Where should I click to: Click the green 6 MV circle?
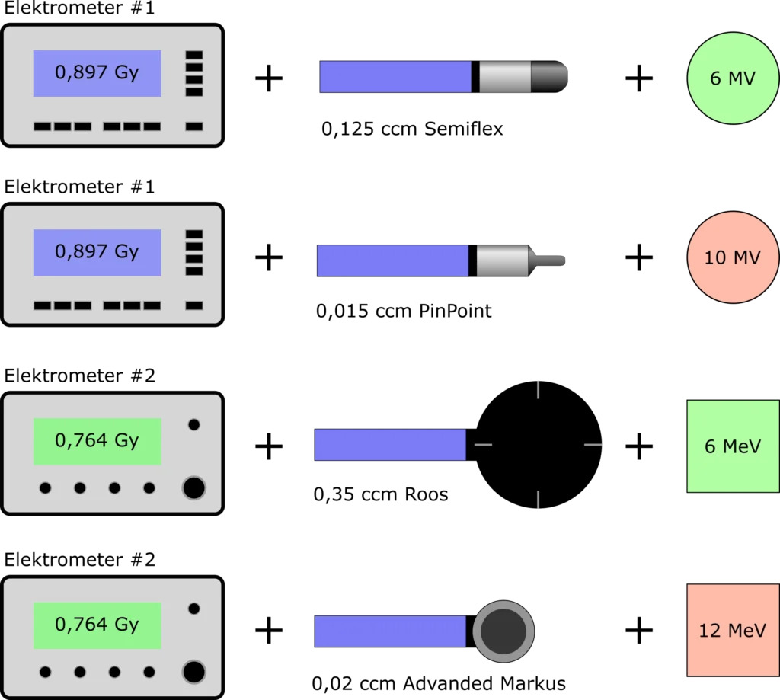coord(732,78)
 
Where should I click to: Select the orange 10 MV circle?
coord(732,257)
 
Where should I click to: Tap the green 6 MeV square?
coord(732,446)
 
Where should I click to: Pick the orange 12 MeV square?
coord(732,630)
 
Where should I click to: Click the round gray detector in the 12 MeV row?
coord(503,631)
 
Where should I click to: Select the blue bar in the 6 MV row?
coord(395,77)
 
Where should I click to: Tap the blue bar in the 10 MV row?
coord(392,261)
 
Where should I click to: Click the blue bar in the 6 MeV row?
coord(390,445)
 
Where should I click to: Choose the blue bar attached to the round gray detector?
coord(390,631)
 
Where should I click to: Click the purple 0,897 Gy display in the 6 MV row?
coord(97,73)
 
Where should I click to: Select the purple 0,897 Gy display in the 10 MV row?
coord(97,252)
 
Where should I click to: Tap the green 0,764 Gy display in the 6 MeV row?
coord(97,441)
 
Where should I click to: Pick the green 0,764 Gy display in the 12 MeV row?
coord(97,625)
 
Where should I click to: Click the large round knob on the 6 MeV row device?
coord(193,487)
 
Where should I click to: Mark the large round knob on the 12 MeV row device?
coord(193,672)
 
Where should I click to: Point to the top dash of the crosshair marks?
coord(539,388)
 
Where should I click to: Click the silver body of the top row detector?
coord(505,77)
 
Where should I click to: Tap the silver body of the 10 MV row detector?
coord(503,261)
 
